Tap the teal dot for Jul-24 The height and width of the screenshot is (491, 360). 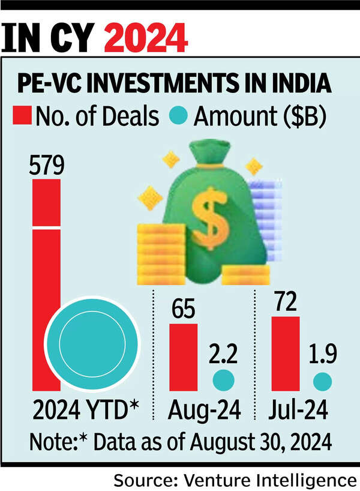coord(323,381)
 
